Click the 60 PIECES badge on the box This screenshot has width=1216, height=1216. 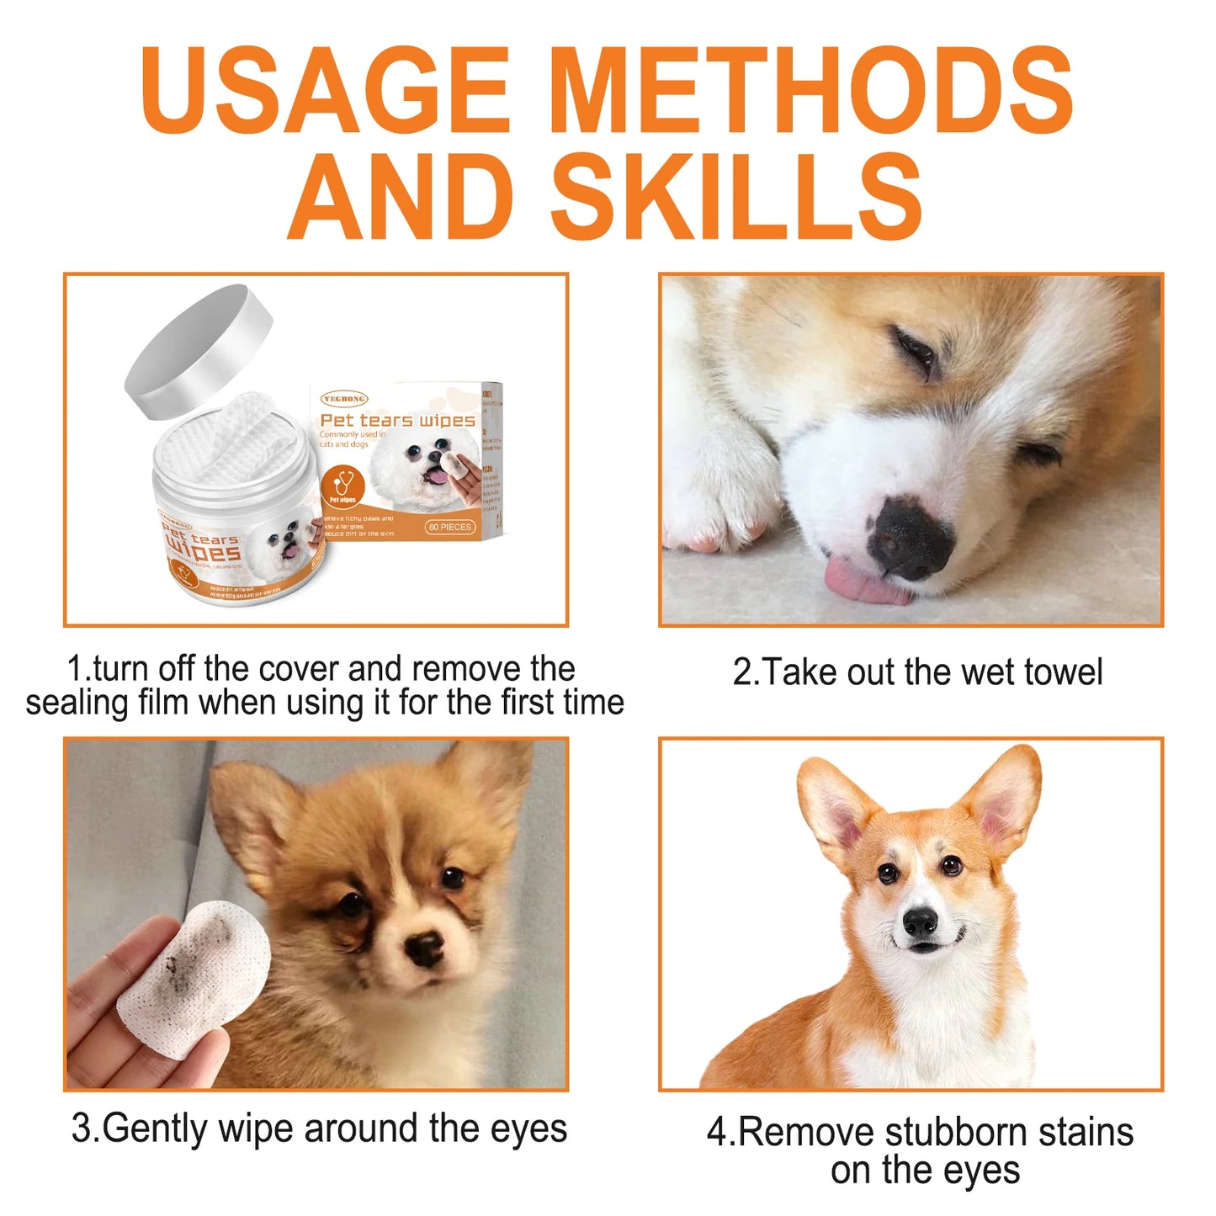pyautogui.click(x=450, y=527)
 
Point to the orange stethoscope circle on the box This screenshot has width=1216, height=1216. pyautogui.click(x=342, y=486)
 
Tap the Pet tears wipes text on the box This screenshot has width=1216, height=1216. pyautogui.click(x=397, y=420)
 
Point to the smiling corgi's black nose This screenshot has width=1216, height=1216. pyautogui.click(x=920, y=922)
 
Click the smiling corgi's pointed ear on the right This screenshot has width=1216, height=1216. pyautogui.click(x=1006, y=799)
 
